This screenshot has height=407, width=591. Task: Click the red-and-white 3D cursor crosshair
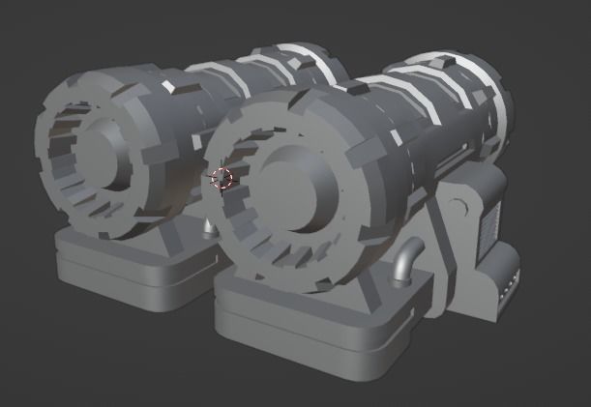(222, 179)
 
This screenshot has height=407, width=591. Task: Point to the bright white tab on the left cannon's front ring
(167, 88)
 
